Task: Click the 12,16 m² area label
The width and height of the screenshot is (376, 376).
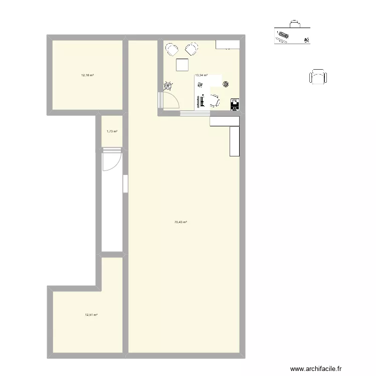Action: point(87,75)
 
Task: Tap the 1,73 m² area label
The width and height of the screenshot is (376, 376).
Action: point(112,131)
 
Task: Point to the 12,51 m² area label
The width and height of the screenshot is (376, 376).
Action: point(91,315)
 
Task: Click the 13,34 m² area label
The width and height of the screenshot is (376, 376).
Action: point(201,75)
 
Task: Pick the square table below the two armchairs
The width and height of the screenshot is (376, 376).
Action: point(182,65)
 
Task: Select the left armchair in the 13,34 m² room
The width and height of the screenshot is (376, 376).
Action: point(172,49)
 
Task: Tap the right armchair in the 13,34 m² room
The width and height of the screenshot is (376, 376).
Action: point(191,49)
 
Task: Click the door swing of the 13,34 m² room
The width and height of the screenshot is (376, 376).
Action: point(170,100)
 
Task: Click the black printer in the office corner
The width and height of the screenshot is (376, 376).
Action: point(234,104)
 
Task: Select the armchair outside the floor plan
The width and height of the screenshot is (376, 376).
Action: point(318,77)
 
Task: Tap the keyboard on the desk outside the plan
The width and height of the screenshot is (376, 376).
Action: point(282,36)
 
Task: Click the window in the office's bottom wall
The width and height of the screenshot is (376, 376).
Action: point(195,113)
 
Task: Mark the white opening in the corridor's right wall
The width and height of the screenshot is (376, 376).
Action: point(124,183)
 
